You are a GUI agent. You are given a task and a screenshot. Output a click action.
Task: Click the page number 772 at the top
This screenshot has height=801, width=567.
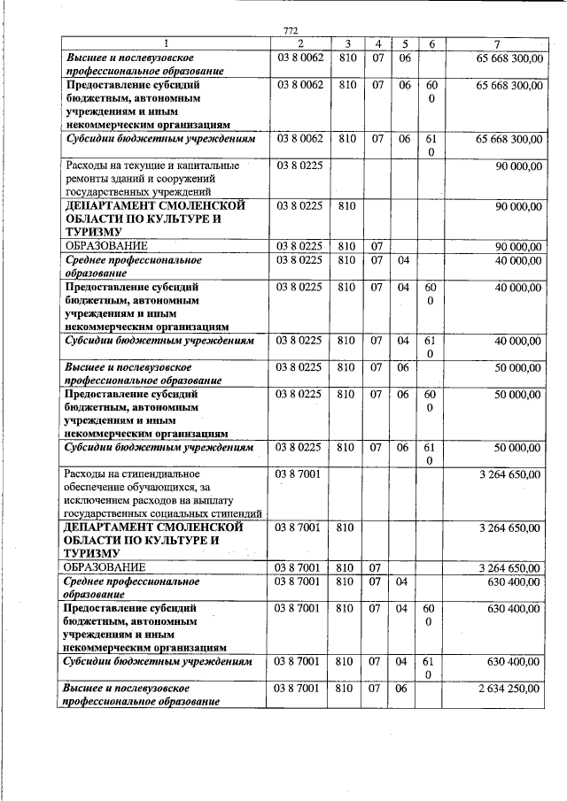click(291, 31)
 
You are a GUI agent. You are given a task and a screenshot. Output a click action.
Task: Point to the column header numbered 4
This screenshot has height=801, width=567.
click(378, 43)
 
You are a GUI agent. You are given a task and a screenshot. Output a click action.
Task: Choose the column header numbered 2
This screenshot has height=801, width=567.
click(300, 43)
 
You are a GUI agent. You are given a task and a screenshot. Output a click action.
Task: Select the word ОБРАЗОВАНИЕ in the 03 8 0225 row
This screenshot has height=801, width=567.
click(105, 246)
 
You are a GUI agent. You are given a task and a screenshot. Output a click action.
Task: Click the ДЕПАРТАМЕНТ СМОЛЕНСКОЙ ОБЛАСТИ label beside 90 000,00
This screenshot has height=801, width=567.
click(142, 219)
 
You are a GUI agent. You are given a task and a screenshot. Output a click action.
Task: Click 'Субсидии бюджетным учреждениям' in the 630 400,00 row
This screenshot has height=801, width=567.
click(160, 662)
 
